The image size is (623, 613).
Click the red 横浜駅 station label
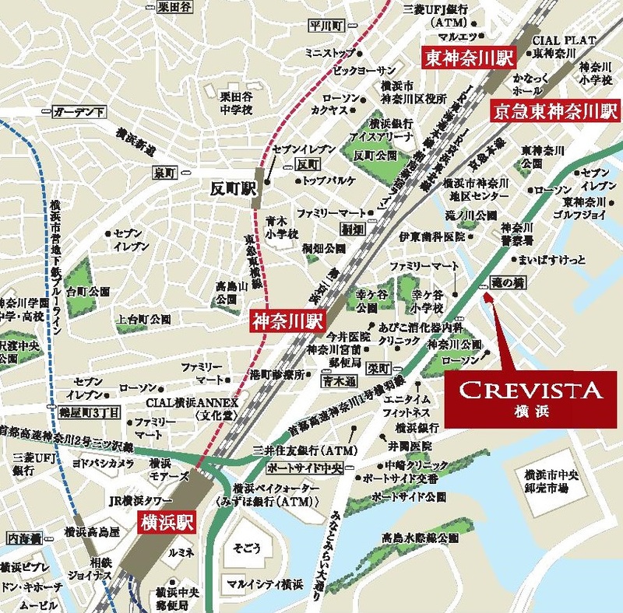point(167,523)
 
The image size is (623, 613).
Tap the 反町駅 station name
point(234,188)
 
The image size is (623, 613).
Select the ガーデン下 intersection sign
point(79,113)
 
